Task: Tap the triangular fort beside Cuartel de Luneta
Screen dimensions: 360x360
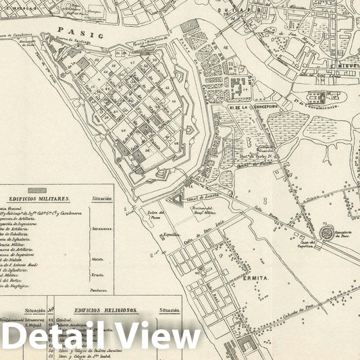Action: (x=178, y=199)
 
